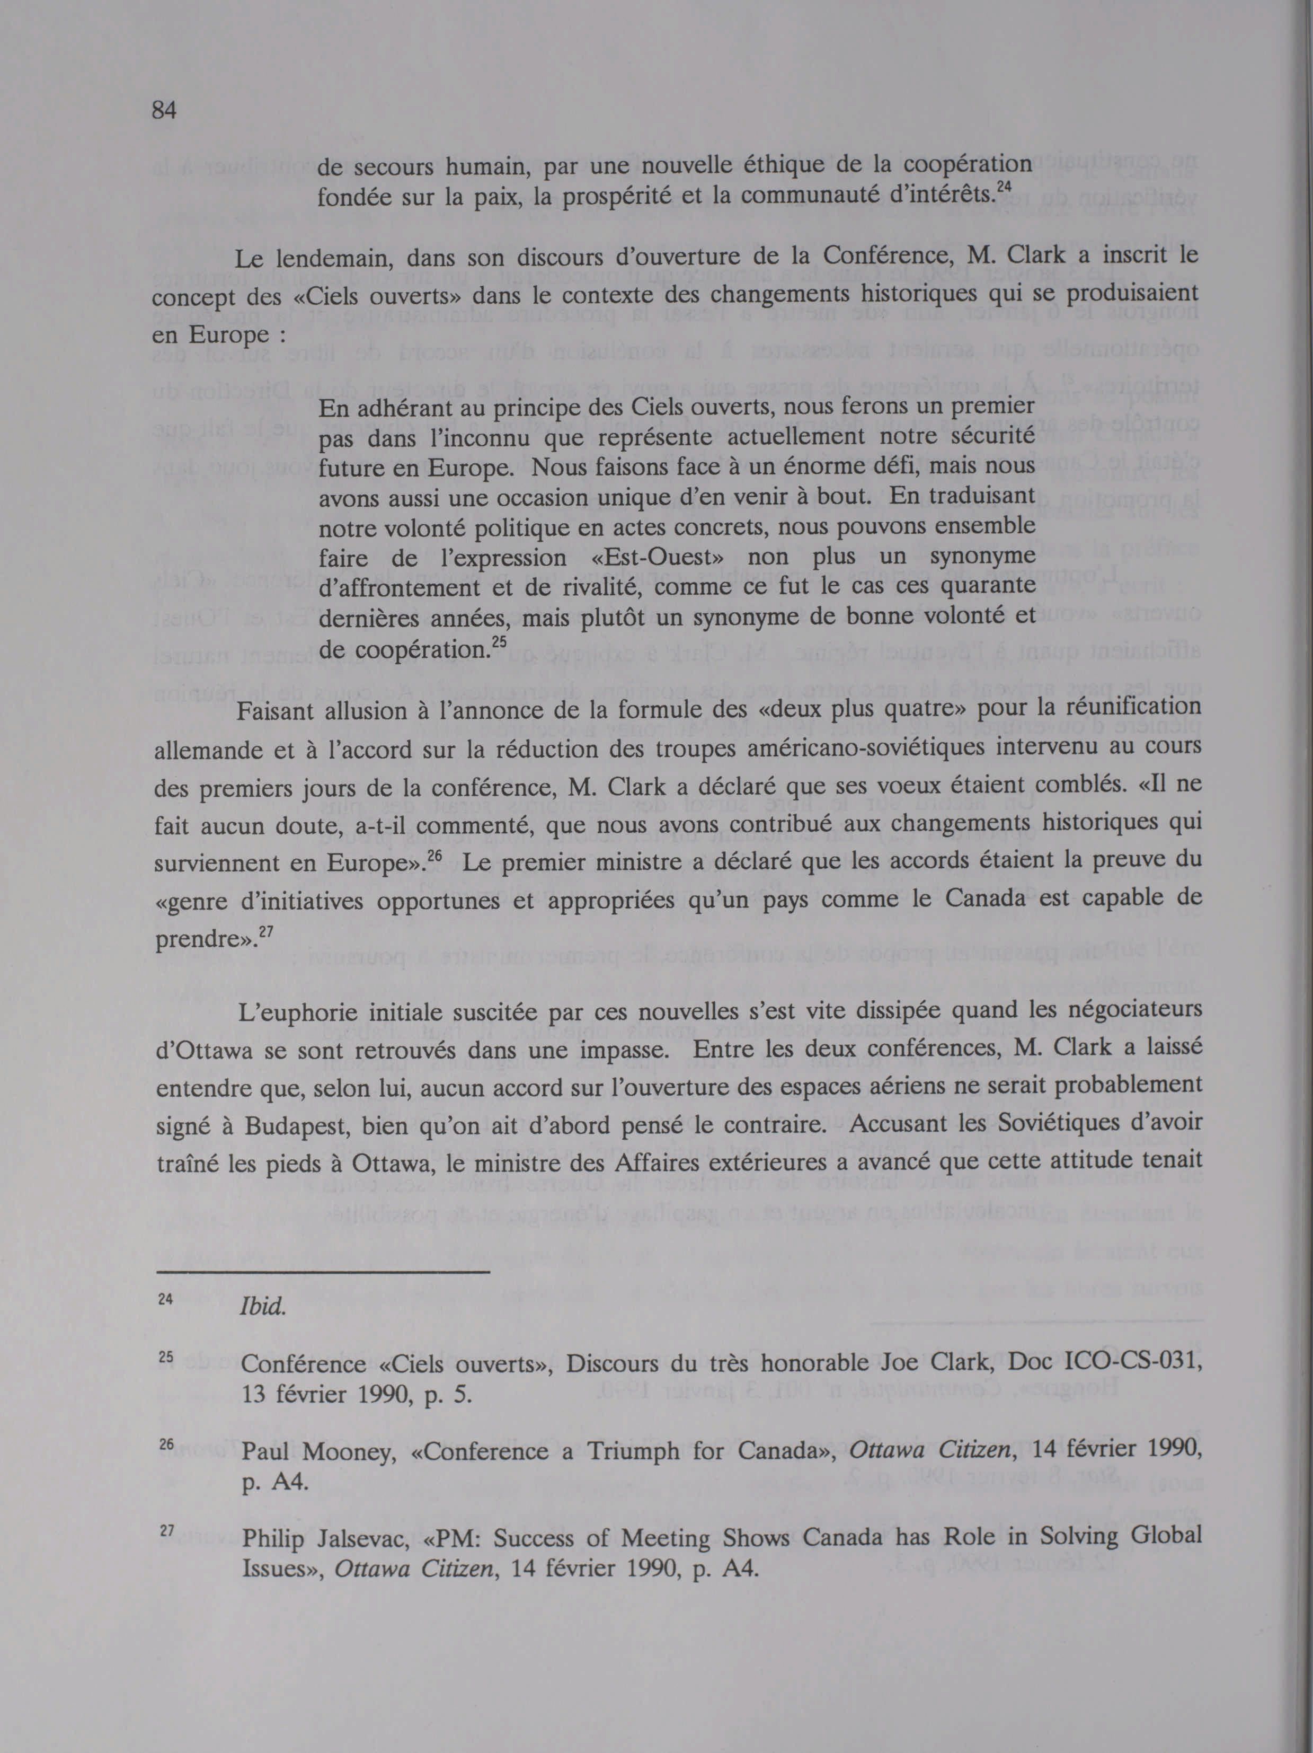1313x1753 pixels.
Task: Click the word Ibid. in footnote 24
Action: (262, 1307)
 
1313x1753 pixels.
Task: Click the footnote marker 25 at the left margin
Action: (166, 1356)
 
